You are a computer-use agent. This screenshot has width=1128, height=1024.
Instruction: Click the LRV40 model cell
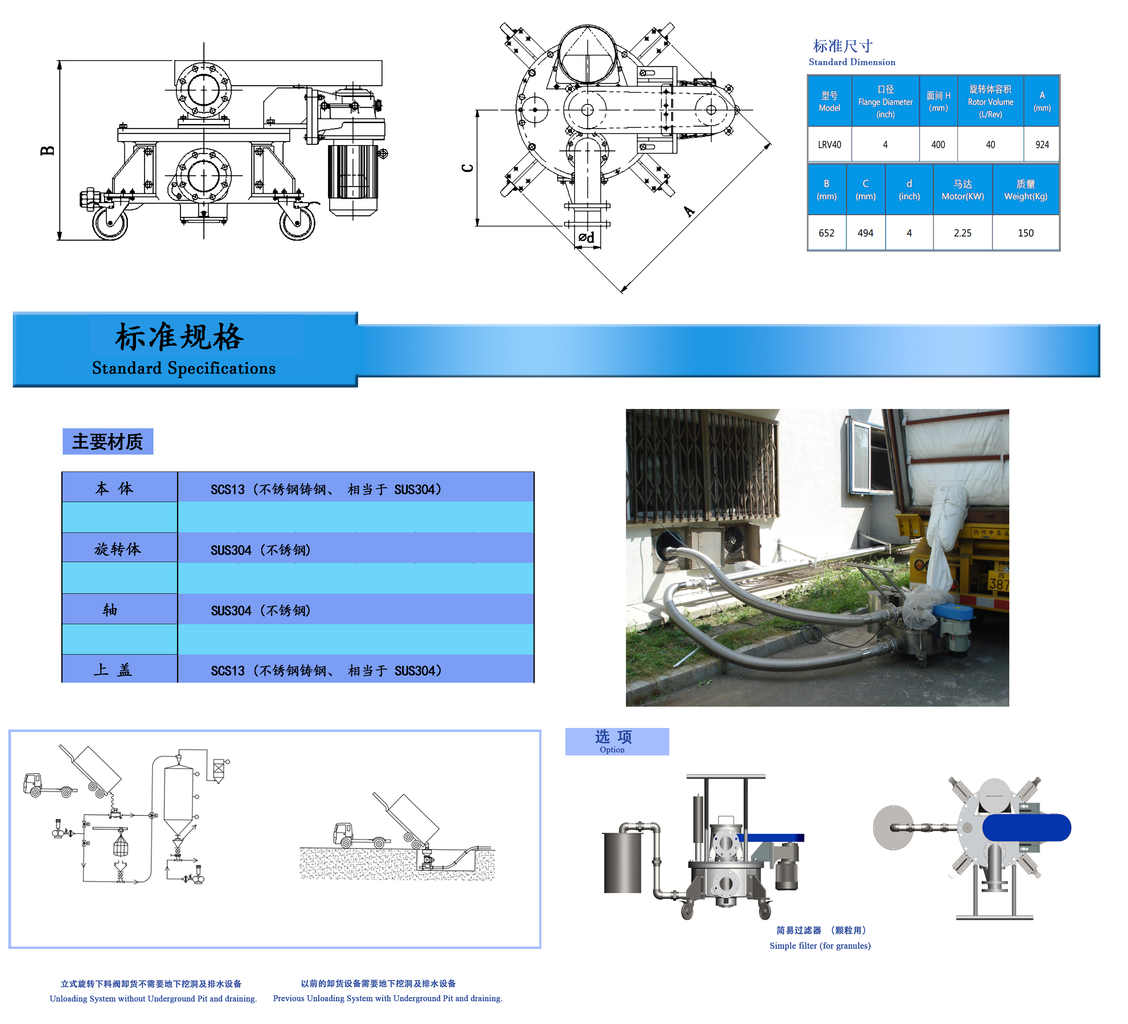[x=829, y=144]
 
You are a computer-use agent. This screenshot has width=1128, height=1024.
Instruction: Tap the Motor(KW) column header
[x=962, y=190]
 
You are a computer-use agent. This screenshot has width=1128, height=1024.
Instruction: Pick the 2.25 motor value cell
[x=962, y=233]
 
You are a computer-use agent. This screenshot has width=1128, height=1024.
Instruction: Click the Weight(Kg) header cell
[x=1026, y=190]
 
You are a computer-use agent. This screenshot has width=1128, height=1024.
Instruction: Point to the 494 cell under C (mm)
[x=866, y=233]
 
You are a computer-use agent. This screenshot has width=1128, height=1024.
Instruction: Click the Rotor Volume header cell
[x=990, y=101]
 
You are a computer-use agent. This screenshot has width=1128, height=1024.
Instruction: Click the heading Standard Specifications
[x=184, y=368]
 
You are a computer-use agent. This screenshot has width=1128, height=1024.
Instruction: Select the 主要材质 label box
[x=107, y=441]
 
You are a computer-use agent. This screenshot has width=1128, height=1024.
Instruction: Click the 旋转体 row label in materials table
[x=117, y=549]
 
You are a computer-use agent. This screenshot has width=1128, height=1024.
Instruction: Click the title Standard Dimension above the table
[x=852, y=62]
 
